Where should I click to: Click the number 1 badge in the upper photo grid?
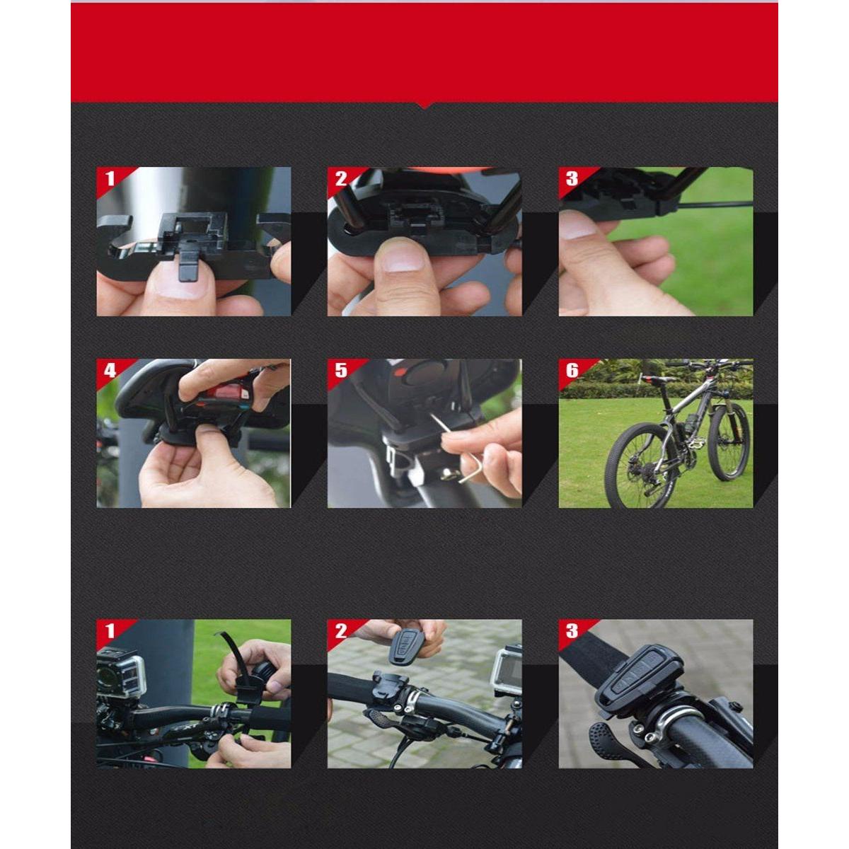pos(110,179)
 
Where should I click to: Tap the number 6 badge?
pos(572,371)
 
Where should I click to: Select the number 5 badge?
pos(340,371)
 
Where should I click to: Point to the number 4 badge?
pos(110,371)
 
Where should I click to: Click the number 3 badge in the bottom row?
pos(572,631)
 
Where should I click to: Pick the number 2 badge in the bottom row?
pos(340,631)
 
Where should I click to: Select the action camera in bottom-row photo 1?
pos(121,674)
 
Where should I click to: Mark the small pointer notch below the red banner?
pos(424,105)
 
